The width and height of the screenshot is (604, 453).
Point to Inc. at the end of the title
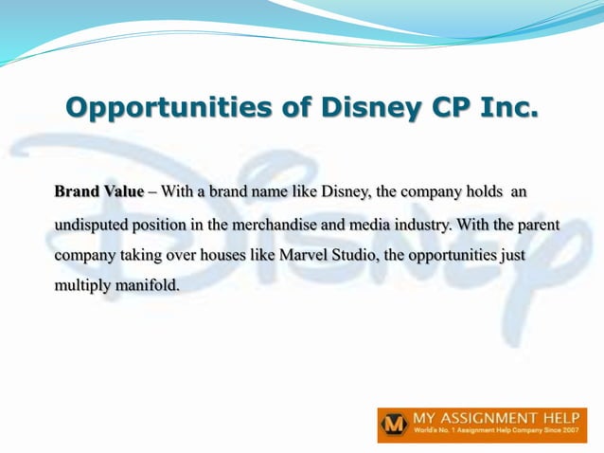[506, 106]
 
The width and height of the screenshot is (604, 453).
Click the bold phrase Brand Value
[99, 191]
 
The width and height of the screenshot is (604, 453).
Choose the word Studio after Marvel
[352, 256]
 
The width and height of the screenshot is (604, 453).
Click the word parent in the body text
[538, 225]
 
